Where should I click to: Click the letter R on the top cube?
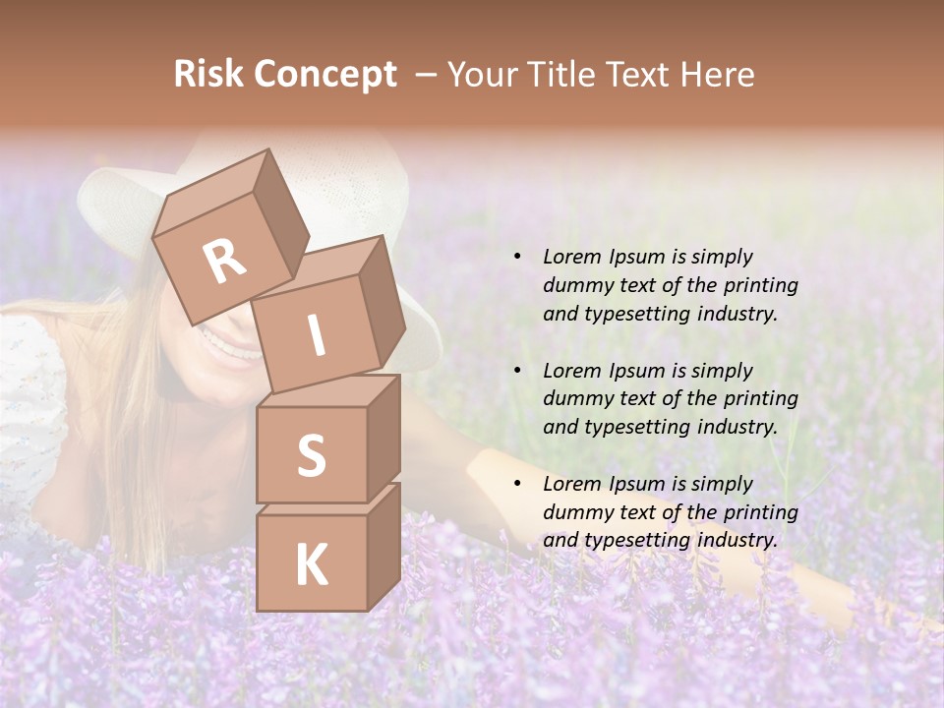coord(225,262)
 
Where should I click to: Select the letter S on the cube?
coord(311,455)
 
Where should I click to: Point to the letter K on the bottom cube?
coord(311,564)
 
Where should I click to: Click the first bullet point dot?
coord(517,257)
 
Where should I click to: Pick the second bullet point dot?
coord(517,371)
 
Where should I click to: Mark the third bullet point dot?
coord(517,484)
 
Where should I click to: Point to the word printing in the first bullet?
coord(761,285)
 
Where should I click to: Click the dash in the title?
coord(427,75)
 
